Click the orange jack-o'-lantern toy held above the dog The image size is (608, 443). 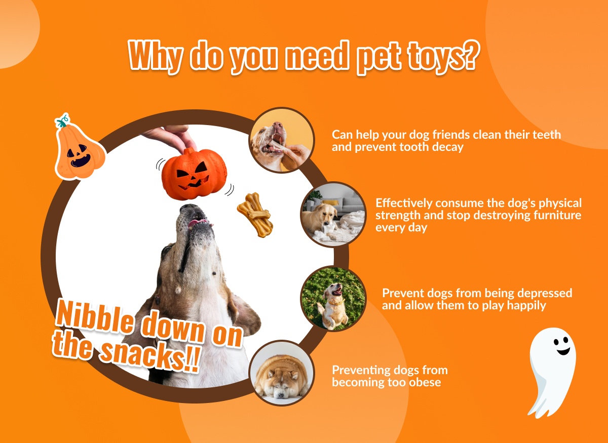(194, 174)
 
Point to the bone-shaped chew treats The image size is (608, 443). (255, 215)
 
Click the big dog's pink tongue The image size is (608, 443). (197, 224)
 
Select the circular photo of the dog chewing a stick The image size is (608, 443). (282, 140)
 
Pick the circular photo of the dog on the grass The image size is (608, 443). (333, 299)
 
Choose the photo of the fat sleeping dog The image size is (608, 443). (282, 373)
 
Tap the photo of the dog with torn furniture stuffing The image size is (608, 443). (333, 215)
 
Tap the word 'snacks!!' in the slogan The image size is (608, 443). (150, 356)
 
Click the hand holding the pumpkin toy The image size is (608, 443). (170, 138)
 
